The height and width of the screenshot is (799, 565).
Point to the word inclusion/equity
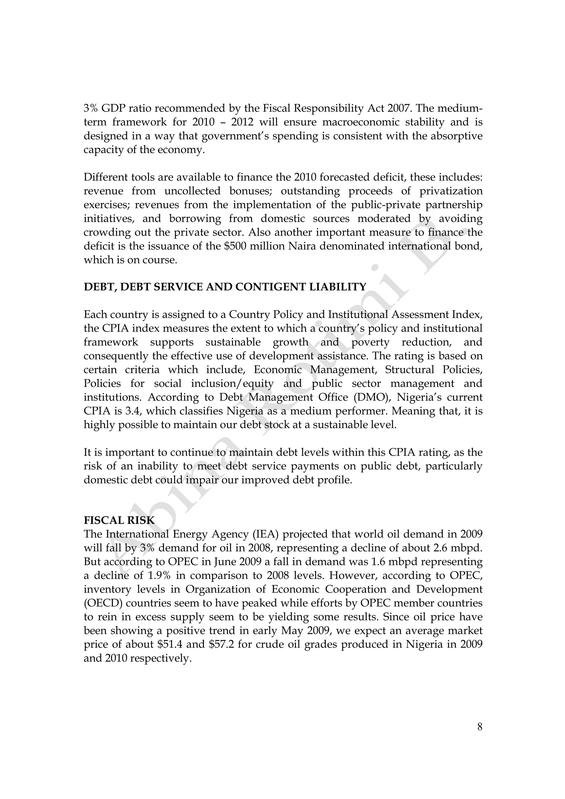coord(232,384)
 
